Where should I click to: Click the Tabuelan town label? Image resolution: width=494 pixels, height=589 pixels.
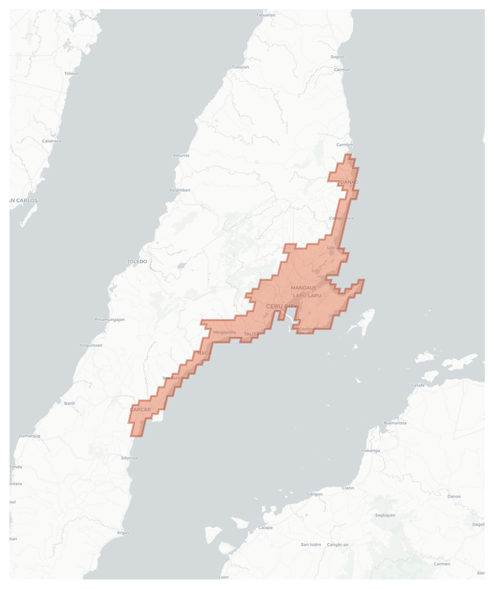(266, 15)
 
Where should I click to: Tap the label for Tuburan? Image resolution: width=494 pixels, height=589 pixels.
(240, 67)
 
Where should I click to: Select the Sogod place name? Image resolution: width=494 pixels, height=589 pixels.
(337, 57)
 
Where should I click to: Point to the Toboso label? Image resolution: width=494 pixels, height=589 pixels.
(72, 73)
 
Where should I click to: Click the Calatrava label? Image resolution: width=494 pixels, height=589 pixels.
(52, 141)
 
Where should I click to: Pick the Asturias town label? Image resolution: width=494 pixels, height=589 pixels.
(181, 155)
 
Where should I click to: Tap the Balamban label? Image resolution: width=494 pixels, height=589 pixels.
(180, 190)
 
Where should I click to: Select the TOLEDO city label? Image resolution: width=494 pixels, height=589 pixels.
(137, 261)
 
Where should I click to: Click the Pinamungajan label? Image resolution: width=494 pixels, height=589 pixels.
(110, 319)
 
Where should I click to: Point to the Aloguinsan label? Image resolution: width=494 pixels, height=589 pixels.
(91, 345)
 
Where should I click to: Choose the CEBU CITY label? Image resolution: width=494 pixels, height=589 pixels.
(282, 306)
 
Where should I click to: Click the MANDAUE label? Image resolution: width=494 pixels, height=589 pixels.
(304, 288)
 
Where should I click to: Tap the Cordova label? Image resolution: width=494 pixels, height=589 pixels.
(307, 329)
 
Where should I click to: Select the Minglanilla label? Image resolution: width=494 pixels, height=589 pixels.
(224, 332)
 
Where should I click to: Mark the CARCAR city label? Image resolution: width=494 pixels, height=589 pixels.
(140, 409)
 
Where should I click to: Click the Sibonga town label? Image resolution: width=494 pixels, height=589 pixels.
(130, 458)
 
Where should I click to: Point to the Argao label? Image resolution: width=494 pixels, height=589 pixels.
(123, 533)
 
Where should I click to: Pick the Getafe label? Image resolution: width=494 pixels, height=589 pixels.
(418, 385)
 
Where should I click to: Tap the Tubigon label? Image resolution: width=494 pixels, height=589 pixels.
(314, 494)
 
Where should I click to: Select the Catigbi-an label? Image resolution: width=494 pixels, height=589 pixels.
(337, 545)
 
